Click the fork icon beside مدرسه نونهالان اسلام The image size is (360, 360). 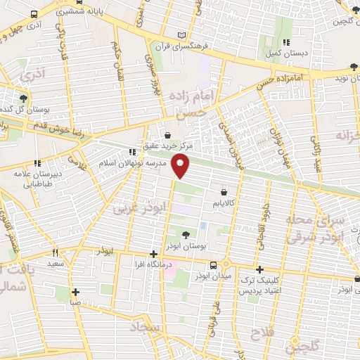click(132, 151)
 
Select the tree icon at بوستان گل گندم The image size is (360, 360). click(25, 98)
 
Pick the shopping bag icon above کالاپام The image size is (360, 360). click(224, 191)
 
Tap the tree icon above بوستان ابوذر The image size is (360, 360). click(185, 236)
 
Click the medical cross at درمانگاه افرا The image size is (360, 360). click(153, 254)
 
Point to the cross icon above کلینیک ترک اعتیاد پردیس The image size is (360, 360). click(259, 269)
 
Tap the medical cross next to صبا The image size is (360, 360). click(75, 292)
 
